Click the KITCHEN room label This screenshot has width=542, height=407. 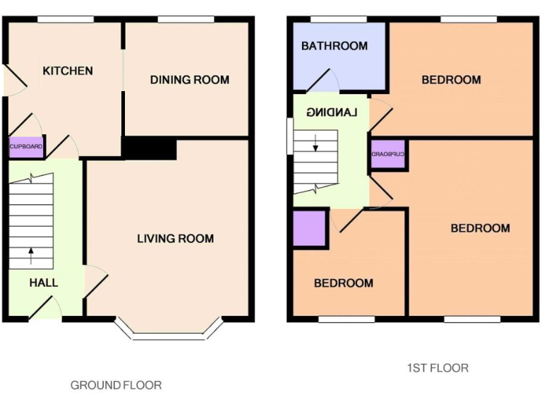(68, 71)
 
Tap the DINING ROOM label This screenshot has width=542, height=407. (189, 80)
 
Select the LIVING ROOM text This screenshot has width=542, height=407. (175, 239)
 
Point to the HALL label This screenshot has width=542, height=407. (44, 283)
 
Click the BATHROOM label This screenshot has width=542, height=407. (334, 47)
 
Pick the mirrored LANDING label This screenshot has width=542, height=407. (333, 112)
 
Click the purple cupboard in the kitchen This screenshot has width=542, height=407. (26, 146)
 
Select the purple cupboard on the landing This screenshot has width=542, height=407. (388, 154)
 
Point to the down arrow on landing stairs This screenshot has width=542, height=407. (315, 142)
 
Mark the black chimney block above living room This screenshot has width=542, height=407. (150, 148)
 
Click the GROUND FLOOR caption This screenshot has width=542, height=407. (116, 385)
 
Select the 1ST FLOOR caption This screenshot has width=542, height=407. (437, 367)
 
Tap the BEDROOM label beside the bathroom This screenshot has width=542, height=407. (451, 80)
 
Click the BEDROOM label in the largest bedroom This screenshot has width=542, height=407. (480, 228)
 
